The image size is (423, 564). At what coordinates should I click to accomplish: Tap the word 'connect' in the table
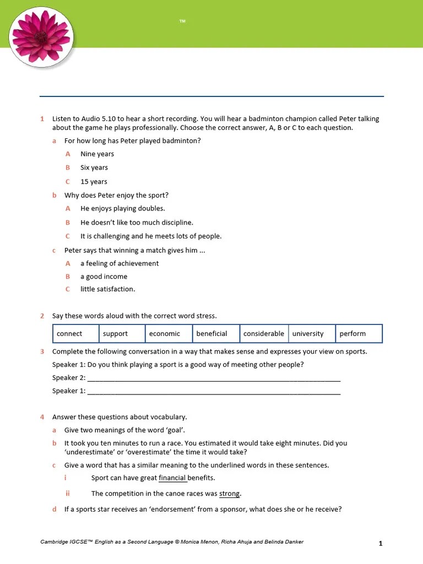pyautogui.click(x=69, y=334)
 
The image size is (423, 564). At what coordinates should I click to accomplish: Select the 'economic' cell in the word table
pyautogui.click(x=165, y=334)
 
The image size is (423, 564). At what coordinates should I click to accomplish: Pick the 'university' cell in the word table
pyautogui.click(x=308, y=334)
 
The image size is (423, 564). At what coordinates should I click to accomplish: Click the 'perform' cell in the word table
pyautogui.click(x=352, y=334)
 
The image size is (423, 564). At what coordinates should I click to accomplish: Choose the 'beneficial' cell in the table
pyautogui.click(x=211, y=334)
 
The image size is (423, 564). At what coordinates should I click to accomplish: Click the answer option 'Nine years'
pyautogui.click(x=97, y=154)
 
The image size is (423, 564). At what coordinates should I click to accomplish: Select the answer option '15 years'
pyautogui.click(x=94, y=182)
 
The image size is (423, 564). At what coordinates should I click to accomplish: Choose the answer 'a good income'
pyautogui.click(x=104, y=276)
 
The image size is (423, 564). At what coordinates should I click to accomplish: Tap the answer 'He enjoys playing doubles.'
pyautogui.click(x=122, y=209)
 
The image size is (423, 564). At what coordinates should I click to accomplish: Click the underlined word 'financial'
pyautogui.click(x=172, y=478)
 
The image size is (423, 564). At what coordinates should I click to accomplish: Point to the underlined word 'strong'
pyautogui.click(x=230, y=493)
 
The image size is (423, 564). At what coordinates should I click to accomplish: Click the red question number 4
pyautogui.click(x=42, y=417)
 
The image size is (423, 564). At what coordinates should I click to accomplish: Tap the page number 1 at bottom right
pyautogui.click(x=380, y=544)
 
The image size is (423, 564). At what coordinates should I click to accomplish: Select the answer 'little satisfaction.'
pyautogui.click(x=107, y=289)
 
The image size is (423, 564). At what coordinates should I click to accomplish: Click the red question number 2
pyautogui.click(x=42, y=316)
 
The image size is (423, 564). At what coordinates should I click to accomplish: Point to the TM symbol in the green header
pyautogui.click(x=182, y=21)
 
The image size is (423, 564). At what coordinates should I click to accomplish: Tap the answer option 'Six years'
pyautogui.click(x=94, y=168)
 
